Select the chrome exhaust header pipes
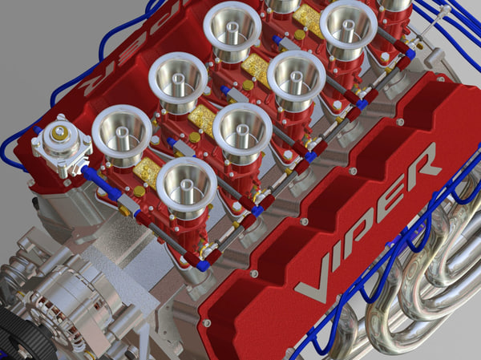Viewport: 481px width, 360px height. pyautogui.click(x=417, y=289)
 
